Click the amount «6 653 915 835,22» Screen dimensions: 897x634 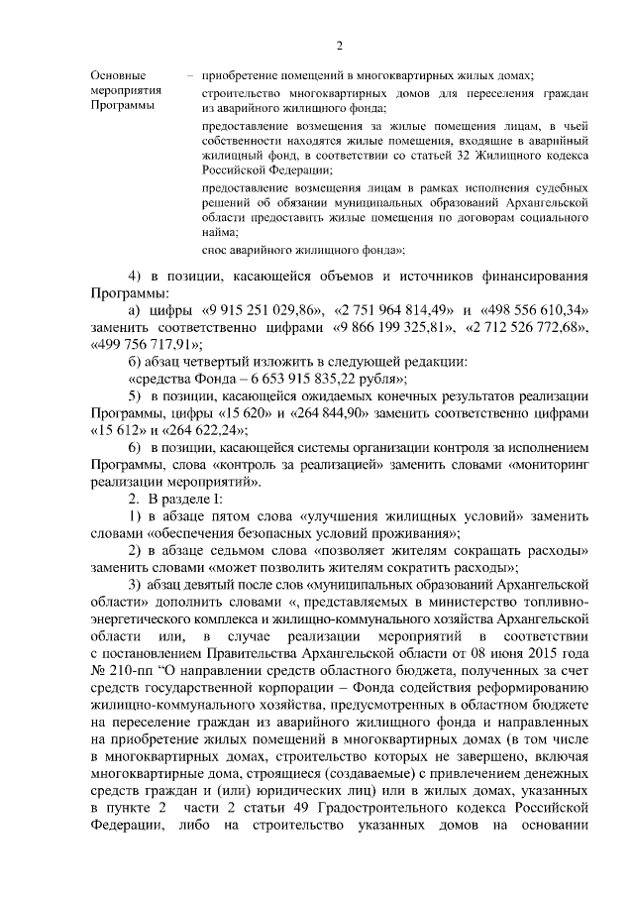point(293,379)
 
